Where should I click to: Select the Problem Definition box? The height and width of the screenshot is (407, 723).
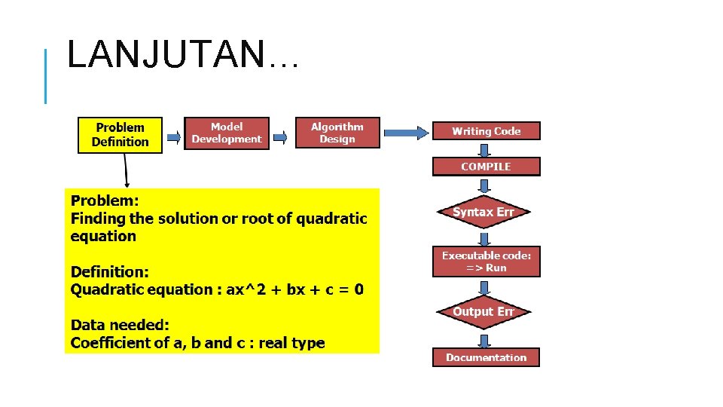tap(120, 135)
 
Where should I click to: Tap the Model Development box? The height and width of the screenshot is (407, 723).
tap(226, 133)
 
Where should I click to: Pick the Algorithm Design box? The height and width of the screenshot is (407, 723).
tap(337, 133)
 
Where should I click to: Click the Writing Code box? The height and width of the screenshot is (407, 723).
tap(486, 131)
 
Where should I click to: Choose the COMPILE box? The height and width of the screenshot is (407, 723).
tap(486, 167)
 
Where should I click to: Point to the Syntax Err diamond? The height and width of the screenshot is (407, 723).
tap(484, 213)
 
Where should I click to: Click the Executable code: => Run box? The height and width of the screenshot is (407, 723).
tap(486, 262)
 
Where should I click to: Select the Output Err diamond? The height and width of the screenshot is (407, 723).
tap(484, 312)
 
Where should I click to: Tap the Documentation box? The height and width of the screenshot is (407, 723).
tap(486, 357)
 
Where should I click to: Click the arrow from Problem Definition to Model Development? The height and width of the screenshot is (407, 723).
tap(173, 137)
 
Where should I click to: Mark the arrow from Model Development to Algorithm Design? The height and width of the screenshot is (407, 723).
tap(280, 137)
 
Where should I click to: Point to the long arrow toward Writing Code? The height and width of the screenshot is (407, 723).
tap(404, 133)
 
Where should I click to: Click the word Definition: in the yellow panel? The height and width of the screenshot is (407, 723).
tap(110, 271)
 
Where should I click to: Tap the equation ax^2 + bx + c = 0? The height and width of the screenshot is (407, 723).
tap(295, 289)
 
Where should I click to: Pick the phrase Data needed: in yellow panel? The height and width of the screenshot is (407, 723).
tap(120, 325)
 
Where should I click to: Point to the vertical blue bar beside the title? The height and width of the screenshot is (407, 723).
tap(46, 75)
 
